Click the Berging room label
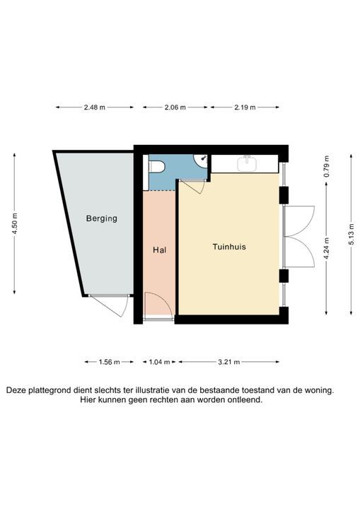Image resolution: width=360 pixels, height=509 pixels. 102,218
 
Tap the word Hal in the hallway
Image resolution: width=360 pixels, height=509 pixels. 159,250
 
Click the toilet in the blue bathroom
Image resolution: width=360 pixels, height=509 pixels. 156,166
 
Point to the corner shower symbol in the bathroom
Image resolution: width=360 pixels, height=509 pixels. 204,160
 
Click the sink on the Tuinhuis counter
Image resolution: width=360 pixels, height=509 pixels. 248,163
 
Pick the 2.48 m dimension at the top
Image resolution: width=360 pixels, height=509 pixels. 94,107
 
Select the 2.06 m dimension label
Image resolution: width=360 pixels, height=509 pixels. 175,107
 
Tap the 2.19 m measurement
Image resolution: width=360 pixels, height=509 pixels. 244,107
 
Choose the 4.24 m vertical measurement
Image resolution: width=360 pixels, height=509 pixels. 325,248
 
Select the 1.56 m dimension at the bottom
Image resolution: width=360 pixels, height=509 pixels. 107,362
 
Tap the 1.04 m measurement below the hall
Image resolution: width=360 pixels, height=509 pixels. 160,362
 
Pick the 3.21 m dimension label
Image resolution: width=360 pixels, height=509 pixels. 227,362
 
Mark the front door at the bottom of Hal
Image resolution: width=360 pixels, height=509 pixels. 157,306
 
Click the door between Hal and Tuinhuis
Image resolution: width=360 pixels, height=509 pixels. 192,187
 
